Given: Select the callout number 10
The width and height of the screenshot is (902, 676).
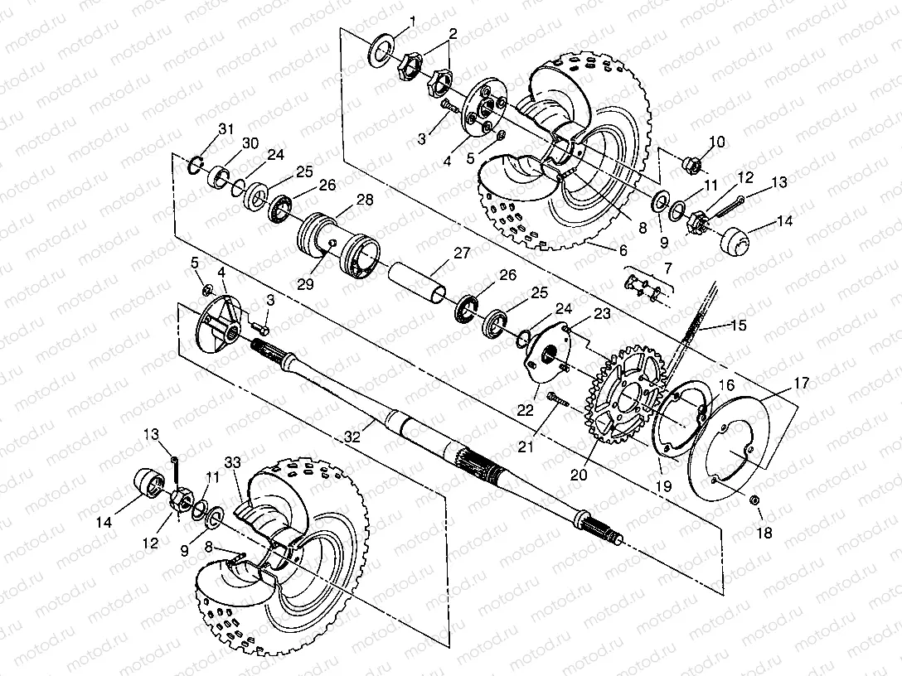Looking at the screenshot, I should pos(717,142).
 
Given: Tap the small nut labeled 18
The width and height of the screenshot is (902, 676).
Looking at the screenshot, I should pos(754,500).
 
